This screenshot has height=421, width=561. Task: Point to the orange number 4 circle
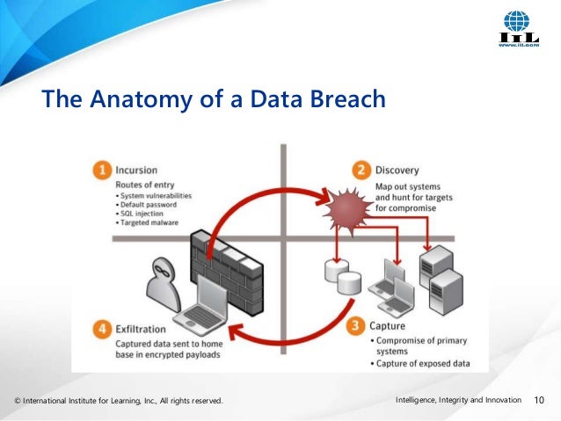(x=102, y=330)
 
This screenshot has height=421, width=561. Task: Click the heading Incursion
(x=138, y=169)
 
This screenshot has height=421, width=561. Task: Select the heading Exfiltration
(x=144, y=330)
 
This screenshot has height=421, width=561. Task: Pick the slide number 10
(x=540, y=402)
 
